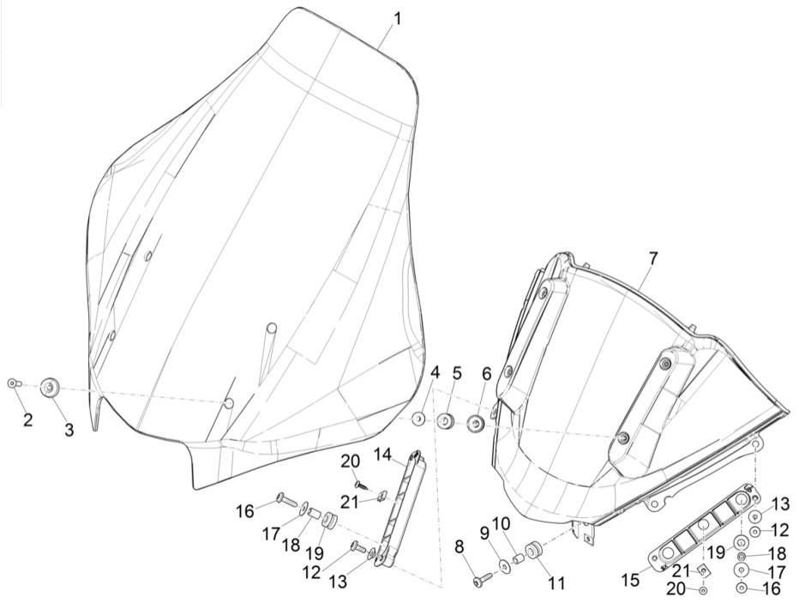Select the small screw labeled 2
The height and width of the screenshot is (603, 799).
pyautogui.click(x=13, y=383)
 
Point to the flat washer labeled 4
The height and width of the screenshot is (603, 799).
pyautogui.click(x=418, y=419)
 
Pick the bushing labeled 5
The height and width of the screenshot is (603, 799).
pyautogui.click(x=446, y=422)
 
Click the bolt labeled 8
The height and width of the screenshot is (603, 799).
pyautogui.click(x=480, y=581)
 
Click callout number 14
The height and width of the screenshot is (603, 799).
pyautogui.click(x=381, y=454)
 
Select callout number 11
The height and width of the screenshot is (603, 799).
pyautogui.click(x=556, y=583)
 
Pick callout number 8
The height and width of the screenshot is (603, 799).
pyautogui.click(x=459, y=546)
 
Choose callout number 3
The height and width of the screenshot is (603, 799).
pyautogui.click(x=69, y=431)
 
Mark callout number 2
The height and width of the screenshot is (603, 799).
pyautogui.click(x=27, y=420)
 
